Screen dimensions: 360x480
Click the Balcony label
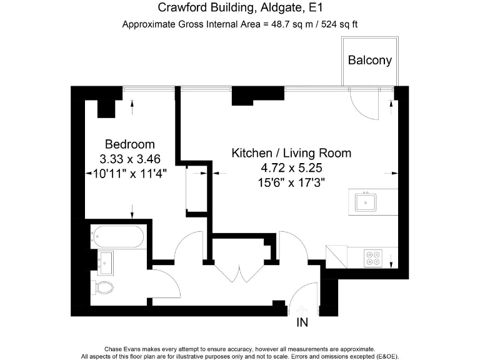(x=370, y=61)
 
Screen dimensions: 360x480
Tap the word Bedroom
(x=129, y=144)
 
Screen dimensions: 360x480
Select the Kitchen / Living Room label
(x=291, y=152)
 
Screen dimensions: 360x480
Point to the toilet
(x=104, y=287)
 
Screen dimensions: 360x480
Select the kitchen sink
(x=365, y=202)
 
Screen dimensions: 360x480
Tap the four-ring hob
(x=374, y=257)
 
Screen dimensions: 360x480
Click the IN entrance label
(x=302, y=323)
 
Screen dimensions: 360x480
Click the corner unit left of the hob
(x=336, y=256)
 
